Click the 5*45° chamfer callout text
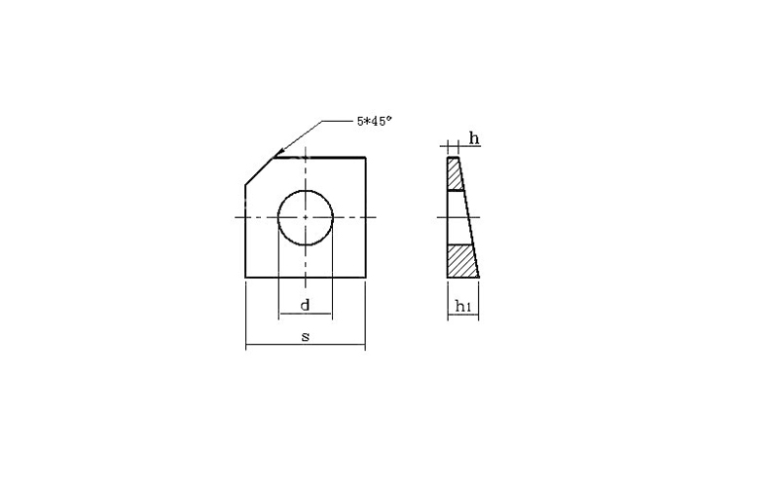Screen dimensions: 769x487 [375, 121]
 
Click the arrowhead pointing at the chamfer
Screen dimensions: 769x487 [278, 152]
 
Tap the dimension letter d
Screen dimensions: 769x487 [305, 306]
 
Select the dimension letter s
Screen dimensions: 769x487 [306, 337]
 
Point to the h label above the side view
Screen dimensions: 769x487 [474, 138]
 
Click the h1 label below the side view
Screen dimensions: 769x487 [463, 307]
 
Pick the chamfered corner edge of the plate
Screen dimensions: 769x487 [259, 170]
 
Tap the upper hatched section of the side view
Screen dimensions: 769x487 [455, 173]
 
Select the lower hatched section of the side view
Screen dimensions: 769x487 [462, 261]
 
